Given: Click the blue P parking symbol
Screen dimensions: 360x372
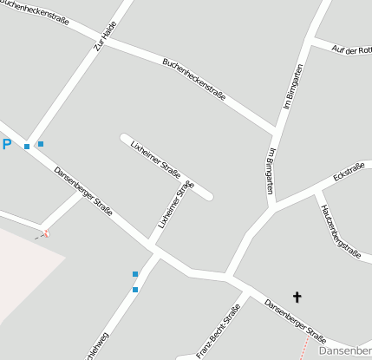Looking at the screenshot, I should (7, 145).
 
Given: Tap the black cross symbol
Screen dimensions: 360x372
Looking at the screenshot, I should (297, 298).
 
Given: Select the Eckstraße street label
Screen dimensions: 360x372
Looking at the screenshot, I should (348, 172).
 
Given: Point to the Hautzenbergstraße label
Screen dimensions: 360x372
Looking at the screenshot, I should (339, 230).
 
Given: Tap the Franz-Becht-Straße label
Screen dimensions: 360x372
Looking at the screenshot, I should (218, 331).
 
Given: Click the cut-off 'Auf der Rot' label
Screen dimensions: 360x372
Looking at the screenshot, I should (351, 50).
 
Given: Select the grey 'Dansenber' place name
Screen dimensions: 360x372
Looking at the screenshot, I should (345, 351).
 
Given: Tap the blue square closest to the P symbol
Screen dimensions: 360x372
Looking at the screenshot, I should (27, 147).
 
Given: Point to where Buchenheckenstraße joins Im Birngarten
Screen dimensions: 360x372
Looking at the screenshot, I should (277, 131).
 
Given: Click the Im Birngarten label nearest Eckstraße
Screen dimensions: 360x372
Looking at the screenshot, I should (271, 171).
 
